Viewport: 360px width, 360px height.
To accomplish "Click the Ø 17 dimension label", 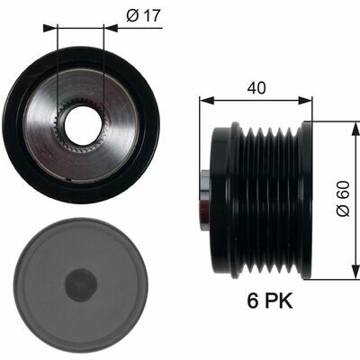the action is coord(143,15).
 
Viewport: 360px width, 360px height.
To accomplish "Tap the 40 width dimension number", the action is coord(256,88).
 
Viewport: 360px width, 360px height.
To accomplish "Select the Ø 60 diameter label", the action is coord(343,198).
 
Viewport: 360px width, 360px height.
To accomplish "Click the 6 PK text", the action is coord(270,301).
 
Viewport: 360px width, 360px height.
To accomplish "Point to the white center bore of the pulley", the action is coord(83,124).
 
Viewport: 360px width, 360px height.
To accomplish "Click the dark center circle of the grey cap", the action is coord(81,285).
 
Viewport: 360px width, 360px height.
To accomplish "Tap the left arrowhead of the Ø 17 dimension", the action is coord(49,28).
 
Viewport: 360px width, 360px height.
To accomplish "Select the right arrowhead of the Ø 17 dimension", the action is coord(110,28).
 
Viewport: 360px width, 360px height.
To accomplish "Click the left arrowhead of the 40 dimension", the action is coord(207,101).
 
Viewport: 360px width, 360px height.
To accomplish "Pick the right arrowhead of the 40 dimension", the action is coord(305,101).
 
